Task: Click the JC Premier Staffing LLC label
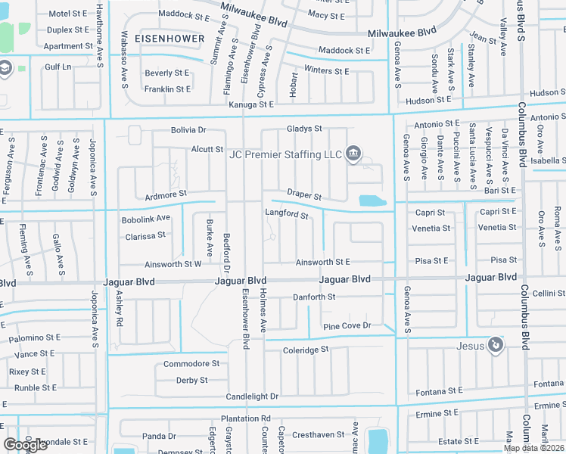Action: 286,154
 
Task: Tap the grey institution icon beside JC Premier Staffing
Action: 353,154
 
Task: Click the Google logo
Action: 25,445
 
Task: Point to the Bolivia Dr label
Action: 177,131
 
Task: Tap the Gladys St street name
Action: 304,129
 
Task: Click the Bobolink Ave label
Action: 146,219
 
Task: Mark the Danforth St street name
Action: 314,297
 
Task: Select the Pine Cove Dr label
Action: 347,325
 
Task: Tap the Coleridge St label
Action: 306,350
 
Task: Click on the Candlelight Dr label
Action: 252,396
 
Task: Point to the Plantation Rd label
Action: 245,418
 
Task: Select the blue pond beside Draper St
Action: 372,201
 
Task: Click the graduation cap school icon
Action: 5,69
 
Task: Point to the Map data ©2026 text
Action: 533,448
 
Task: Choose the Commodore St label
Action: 191,363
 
